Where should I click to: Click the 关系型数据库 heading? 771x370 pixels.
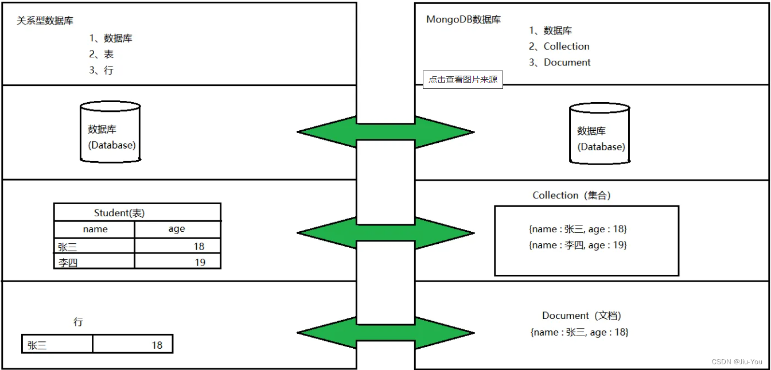click(45, 21)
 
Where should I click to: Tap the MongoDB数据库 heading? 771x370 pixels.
click(464, 20)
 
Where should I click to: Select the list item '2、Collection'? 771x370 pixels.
click(559, 46)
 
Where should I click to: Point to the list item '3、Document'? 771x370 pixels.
click(559, 63)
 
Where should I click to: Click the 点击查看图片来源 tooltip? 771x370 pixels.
click(463, 80)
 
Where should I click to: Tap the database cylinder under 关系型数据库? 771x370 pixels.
click(111, 132)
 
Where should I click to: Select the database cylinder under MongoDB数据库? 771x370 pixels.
click(599, 134)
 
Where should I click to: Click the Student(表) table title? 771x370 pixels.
click(119, 213)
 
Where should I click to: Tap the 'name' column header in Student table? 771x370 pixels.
click(95, 229)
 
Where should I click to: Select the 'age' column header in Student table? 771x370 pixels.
click(177, 229)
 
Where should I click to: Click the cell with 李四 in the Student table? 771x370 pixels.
click(94, 262)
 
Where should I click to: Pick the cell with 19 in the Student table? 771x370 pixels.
click(177, 262)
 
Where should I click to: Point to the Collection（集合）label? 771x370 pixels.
click(571, 196)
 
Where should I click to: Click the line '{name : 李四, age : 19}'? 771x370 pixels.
click(578, 246)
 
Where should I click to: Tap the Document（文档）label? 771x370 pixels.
click(582, 316)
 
